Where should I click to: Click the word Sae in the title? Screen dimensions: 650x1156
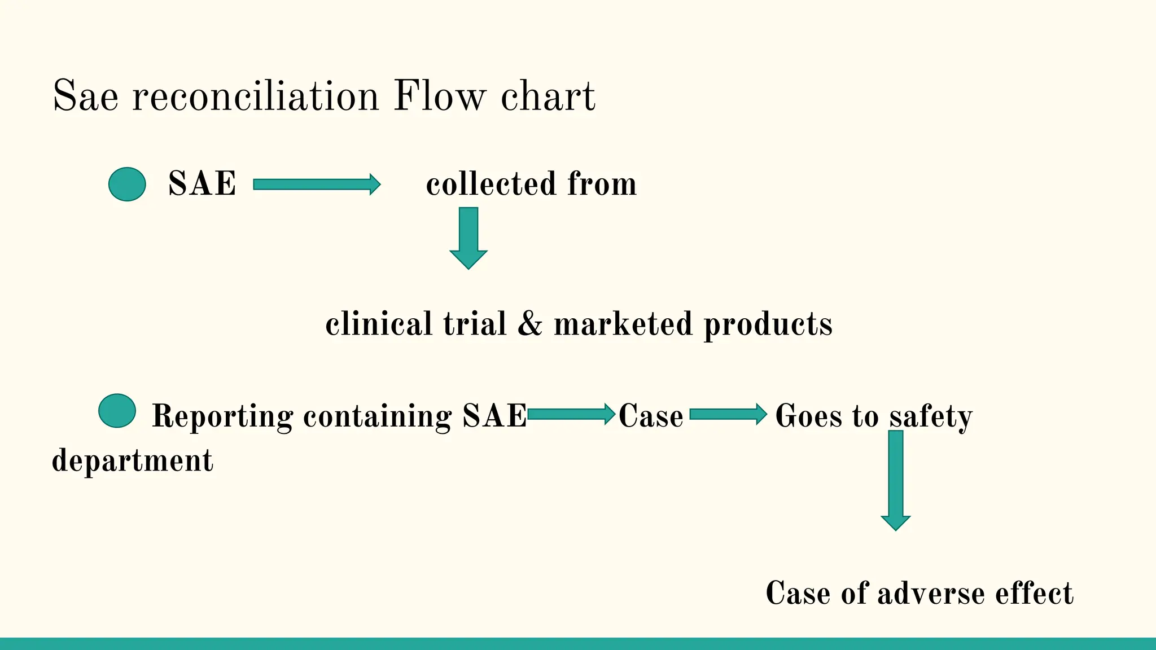[85, 96]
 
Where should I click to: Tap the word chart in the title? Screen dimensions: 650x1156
[548, 96]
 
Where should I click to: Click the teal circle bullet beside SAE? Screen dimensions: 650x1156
[127, 184]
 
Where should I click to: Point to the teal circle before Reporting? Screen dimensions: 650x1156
[117, 411]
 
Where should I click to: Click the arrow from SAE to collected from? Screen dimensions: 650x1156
[316, 185]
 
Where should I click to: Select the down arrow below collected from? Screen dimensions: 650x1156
[468, 238]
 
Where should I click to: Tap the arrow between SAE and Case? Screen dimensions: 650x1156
[571, 414]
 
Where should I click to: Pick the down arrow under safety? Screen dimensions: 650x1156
[896, 480]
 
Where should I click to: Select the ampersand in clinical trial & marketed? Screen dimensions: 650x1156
[529, 324]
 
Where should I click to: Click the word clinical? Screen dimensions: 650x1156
[379, 324]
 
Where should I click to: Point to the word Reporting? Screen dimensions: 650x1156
[222, 416]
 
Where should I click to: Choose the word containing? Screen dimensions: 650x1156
[377, 416]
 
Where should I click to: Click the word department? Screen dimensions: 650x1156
[133, 461]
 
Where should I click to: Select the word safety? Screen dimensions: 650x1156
[931, 416]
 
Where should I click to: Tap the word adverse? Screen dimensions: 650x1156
[931, 594]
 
